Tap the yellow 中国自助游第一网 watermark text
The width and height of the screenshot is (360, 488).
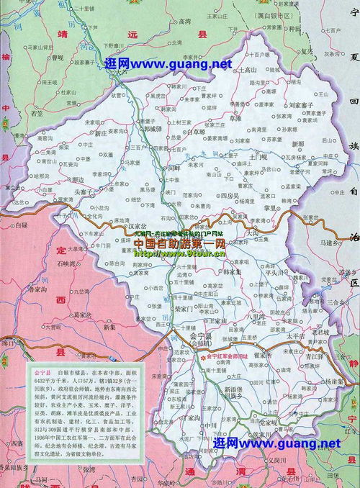coord(180,244)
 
